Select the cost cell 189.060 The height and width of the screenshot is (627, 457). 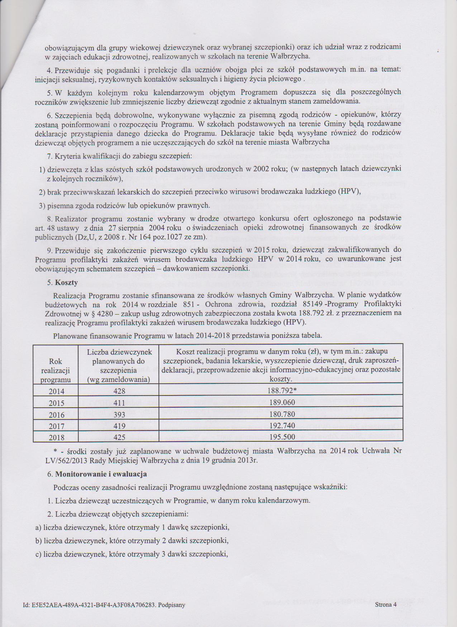point(281,403)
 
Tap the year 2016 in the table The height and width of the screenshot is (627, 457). point(56,415)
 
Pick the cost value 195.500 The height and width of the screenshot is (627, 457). point(281,437)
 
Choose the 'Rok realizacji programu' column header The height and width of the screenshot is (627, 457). point(56,370)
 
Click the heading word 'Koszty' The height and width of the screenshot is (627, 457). point(66,282)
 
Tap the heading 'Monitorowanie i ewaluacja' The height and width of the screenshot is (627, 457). point(101,474)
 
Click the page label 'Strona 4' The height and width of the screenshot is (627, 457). point(386,605)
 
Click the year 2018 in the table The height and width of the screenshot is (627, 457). point(56,437)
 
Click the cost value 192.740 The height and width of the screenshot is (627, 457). point(281,426)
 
